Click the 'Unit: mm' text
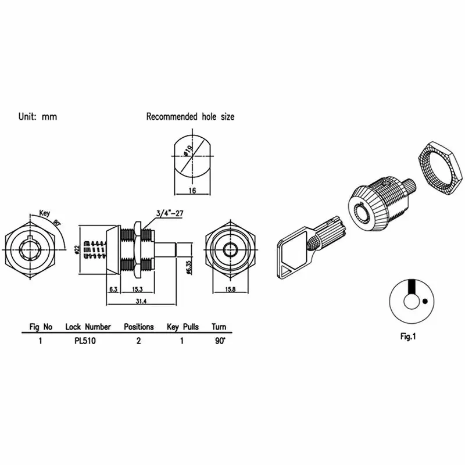click(38, 117)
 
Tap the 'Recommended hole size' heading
click(191, 117)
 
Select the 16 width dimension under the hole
click(192, 190)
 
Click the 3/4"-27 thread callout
click(170, 213)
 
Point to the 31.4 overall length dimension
click(141, 301)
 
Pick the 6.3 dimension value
click(113, 289)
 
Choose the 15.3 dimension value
click(137, 289)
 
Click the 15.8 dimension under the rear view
click(230, 289)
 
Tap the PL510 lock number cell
click(85, 341)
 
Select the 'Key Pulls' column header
click(183, 327)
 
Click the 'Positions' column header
click(139, 327)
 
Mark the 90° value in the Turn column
click(220, 341)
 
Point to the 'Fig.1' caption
click(408, 337)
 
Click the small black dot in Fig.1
click(425, 302)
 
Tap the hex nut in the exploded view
click(441, 169)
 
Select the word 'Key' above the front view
click(45, 213)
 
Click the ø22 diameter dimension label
click(77, 249)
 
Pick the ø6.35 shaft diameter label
click(189, 267)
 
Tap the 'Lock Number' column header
click(88, 327)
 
